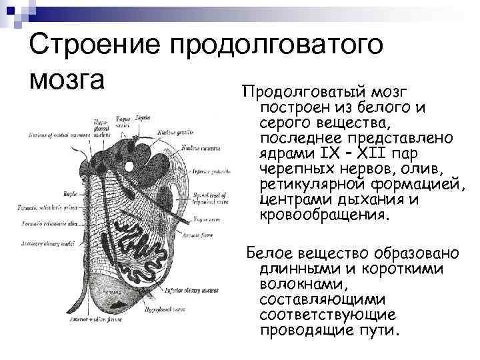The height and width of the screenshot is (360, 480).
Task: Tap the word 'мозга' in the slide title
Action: point(67,79)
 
